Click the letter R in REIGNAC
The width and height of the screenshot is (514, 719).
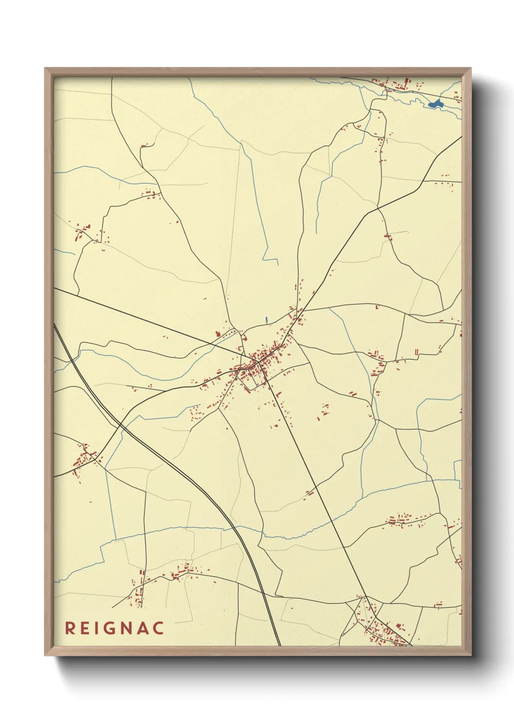pos(70,628)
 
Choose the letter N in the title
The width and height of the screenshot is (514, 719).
pos(128,628)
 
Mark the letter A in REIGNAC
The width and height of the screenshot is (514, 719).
pos(143,628)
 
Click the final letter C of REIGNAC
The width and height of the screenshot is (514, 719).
pos(158,628)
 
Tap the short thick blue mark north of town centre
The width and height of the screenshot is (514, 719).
pos(266,320)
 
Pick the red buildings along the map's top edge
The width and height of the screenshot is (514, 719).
pos(394,85)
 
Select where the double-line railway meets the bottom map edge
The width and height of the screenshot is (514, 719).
pos(278,645)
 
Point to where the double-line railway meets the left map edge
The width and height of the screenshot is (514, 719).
pos(55,325)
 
